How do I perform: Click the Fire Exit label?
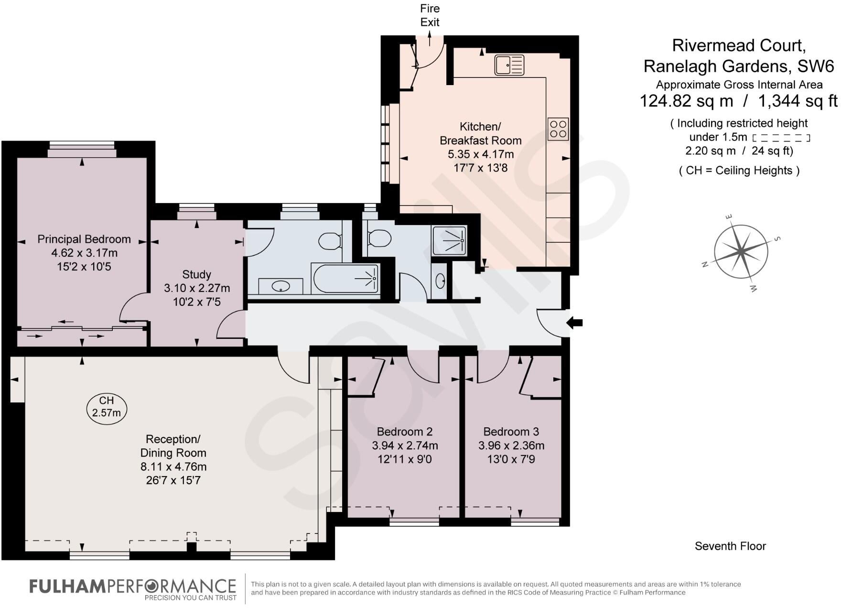pyautogui.click(x=430, y=15)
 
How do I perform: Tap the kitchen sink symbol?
pyautogui.click(x=509, y=65)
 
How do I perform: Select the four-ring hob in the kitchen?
pyautogui.click(x=558, y=129)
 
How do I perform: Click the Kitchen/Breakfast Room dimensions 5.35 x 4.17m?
pyautogui.click(x=480, y=154)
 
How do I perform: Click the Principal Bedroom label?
pyautogui.click(x=84, y=239)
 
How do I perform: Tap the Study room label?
pyautogui.click(x=196, y=274)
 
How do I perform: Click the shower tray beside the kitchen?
pyautogui.click(x=449, y=240)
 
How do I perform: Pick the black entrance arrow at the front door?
pyautogui.click(x=574, y=323)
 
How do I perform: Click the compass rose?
pyautogui.click(x=741, y=251)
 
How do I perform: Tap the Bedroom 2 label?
pyautogui.click(x=405, y=432)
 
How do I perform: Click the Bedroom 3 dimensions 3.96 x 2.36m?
pyautogui.click(x=511, y=445)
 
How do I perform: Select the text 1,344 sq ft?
pyautogui.click(x=798, y=101)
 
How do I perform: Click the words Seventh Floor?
pyautogui.click(x=730, y=546)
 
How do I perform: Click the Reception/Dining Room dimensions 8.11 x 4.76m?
pyautogui.click(x=173, y=466)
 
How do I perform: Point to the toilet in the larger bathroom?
pyautogui.click(x=330, y=241)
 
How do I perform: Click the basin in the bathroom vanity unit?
pyautogui.click(x=280, y=286)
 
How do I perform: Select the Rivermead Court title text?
pyautogui.click(x=739, y=45)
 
